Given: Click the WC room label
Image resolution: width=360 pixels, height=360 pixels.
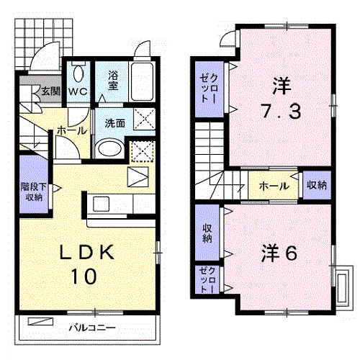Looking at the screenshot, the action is coord(78,91).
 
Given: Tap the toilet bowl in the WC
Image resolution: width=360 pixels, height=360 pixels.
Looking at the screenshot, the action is coord(78,73).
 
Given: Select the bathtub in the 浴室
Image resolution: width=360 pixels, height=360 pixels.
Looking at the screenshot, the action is coord(142,81).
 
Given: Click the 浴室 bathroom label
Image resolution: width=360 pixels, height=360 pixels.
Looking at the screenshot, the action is coord(113,81).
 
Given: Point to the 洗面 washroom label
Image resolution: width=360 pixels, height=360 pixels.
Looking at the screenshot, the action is coord(115,123).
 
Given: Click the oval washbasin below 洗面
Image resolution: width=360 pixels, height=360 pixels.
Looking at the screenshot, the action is coord(109,148).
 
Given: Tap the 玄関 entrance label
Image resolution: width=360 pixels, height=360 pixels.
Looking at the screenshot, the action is coord(51,91).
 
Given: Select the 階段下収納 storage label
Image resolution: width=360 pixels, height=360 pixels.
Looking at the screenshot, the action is coord(34,192).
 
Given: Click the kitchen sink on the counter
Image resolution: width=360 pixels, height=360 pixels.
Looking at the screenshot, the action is coord(102,204).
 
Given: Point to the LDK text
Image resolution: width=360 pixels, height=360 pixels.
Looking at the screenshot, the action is coord(87,252).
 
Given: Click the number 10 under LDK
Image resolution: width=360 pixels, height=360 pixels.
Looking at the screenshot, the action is coord(84,276).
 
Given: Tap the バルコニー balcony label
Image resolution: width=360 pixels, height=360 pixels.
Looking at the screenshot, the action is coord(92,328).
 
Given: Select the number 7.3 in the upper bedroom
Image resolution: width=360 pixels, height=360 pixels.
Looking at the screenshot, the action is coord(281,111).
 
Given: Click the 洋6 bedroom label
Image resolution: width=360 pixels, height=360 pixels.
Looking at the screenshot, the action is coord(279,253).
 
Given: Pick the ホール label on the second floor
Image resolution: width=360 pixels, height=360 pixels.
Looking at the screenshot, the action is coord(274,186).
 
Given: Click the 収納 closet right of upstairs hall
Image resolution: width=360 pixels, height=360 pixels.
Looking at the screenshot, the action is coord(317,185).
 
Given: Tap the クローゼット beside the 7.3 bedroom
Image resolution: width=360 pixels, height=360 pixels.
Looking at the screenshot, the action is coord(209,89).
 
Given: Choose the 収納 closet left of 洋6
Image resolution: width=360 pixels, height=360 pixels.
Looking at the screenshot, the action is coord(207,233).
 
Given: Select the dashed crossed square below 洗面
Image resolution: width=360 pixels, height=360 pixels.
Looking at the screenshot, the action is coord(143,152).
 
